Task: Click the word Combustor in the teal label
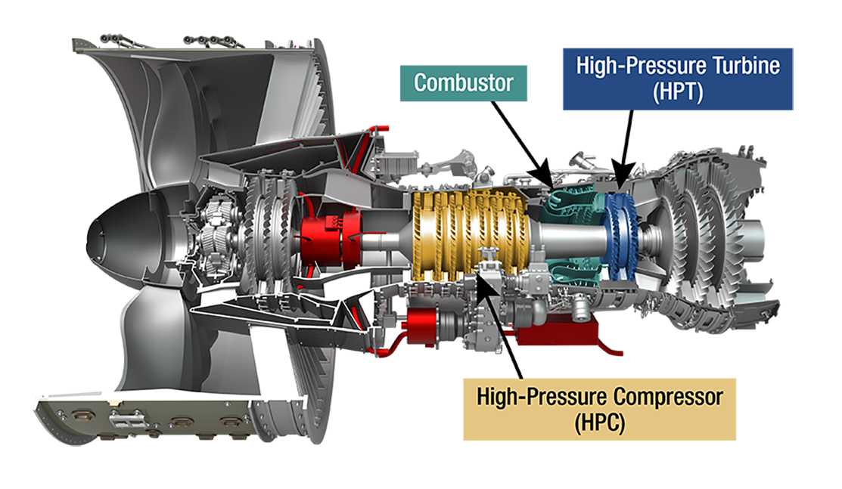pyautogui.click(x=463, y=82)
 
